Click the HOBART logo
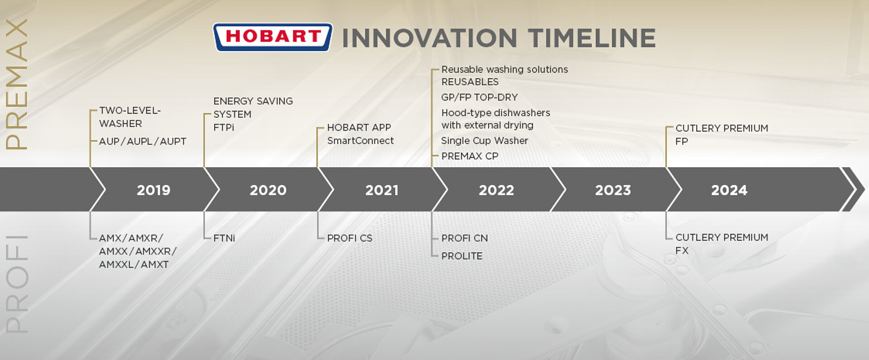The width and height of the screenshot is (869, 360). [x=273, y=37]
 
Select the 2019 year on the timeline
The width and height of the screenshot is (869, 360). [x=153, y=190]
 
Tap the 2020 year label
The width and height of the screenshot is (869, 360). [x=268, y=190]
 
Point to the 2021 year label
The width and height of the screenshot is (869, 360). [x=382, y=190]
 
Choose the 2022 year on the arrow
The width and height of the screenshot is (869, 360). [x=497, y=190]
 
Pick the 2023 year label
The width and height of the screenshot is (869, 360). [x=613, y=190]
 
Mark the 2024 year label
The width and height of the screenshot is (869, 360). [x=729, y=190]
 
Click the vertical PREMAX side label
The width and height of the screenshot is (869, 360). [x=17, y=84]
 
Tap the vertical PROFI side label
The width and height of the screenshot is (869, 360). [x=17, y=284]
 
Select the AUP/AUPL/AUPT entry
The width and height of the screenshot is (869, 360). [x=143, y=141]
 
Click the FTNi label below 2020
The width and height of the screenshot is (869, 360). [x=224, y=238]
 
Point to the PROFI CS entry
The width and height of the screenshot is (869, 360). [x=350, y=238]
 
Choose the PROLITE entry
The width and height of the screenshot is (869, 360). [x=462, y=256]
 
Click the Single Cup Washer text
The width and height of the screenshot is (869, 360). [x=485, y=141]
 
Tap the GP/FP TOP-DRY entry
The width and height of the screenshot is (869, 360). [x=479, y=97]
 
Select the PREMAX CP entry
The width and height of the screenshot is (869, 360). [x=470, y=156]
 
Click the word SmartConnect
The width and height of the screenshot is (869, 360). [x=361, y=141]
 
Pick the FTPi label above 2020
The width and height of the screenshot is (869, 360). [x=224, y=128]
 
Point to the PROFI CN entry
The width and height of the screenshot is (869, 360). [x=464, y=238]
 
